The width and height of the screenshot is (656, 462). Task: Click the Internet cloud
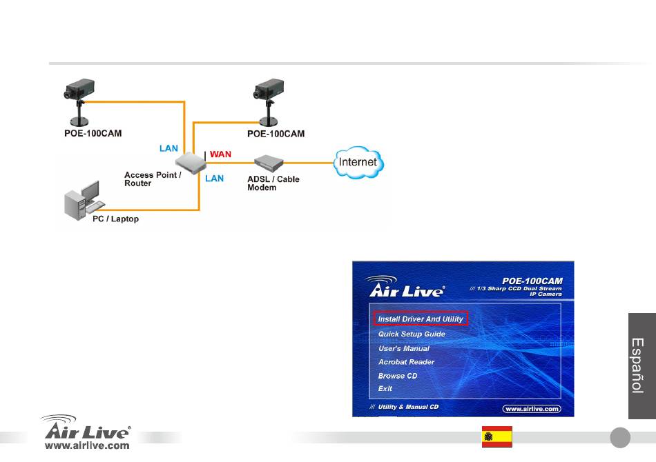click(x=358, y=162)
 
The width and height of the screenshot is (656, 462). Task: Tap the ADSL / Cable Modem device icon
click(x=269, y=163)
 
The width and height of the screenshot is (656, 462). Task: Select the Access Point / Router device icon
click(x=191, y=163)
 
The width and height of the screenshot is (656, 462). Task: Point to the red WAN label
click(x=220, y=154)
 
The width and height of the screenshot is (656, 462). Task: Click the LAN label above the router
click(x=168, y=148)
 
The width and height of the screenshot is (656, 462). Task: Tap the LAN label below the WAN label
click(x=214, y=179)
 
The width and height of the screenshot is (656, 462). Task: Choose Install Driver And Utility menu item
click(x=421, y=319)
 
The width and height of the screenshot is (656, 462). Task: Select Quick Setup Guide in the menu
click(x=412, y=334)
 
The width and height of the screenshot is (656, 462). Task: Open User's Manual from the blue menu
click(x=404, y=348)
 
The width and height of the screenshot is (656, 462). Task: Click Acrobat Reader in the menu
click(x=406, y=362)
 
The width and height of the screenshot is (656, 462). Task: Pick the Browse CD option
click(x=398, y=376)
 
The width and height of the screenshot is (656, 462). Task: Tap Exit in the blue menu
click(x=385, y=388)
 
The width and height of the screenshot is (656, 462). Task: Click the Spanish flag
click(x=497, y=436)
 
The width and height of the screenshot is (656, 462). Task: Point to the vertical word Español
click(x=637, y=365)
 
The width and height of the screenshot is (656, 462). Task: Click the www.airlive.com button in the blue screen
click(x=532, y=409)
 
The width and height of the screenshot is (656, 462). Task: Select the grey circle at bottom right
click(x=620, y=437)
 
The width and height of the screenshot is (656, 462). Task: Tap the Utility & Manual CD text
click(x=408, y=407)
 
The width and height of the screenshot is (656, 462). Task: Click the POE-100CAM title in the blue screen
click(x=532, y=281)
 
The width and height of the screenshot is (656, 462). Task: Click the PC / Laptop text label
click(x=115, y=219)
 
